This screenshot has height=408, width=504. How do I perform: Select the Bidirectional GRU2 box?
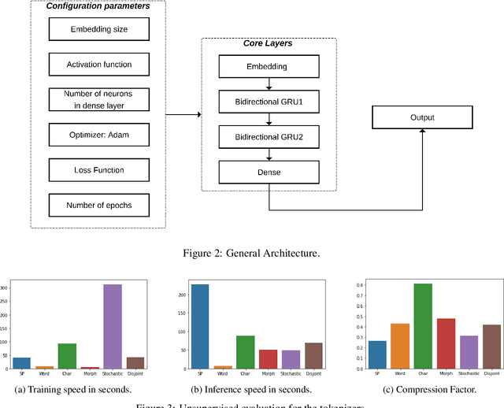[269, 137]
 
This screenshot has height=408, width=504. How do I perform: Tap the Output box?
[421, 119]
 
